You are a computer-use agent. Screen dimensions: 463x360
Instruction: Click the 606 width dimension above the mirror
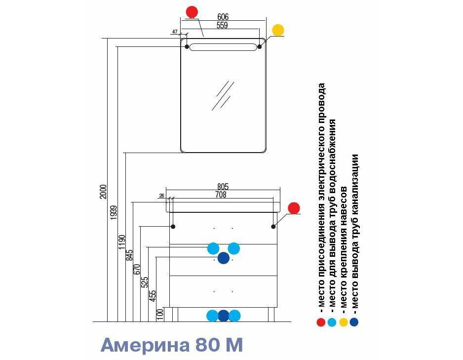pyautogui.click(x=223, y=17)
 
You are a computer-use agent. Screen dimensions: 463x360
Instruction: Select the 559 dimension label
pyautogui.click(x=222, y=25)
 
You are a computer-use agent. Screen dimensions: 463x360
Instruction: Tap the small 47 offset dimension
pyautogui.click(x=175, y=32)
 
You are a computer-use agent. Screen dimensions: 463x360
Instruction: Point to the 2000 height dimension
pyautogui.click(x=103, y=192)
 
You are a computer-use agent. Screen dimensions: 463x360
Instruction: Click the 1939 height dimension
pyautogui.click(x=114, y=213)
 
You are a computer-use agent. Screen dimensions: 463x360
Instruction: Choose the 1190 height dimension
pyautogui.click(x=122, y=242)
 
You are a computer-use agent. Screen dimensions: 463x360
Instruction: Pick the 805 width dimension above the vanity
pyautogui.click(x=223, y=187)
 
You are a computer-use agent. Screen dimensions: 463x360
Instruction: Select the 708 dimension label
pyautogui.click(x=221, y=195)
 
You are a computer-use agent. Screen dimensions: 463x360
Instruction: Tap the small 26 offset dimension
pyautogui.click(x=161, y=196)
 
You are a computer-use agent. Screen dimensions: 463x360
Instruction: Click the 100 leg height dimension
pyautogui.click(x=160, y=315)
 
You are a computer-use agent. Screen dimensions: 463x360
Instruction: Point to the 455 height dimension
pyautogui.click(x=153, y=296)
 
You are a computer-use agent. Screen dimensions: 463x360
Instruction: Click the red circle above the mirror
pyautogui.click(x=192, y=12)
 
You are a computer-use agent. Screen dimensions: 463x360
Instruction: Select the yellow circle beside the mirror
pyautogui.click(x=278, y=30)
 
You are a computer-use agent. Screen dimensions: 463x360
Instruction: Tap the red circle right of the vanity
pyautogui.click(x=294, y=208)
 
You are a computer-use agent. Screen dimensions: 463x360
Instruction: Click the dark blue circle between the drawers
pyautogui.click(x=224, y=258)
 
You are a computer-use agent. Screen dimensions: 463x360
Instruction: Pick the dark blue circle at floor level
pyautogui.click(x=224, y=316)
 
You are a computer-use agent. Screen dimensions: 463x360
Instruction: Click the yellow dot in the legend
pyautogui.click(x=343, y=322)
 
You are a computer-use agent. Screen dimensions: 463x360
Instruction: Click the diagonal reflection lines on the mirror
pyautogui.click(x=223, y=96)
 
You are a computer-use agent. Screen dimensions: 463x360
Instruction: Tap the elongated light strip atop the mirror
pyautogui.click(x=223, y=47)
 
